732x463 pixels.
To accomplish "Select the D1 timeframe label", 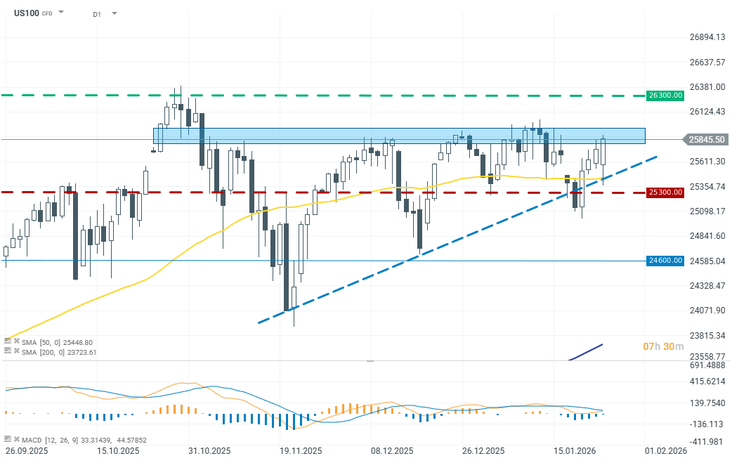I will point(97,13).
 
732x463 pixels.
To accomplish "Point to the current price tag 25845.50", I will point(707,139).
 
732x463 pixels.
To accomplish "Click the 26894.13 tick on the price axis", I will point(705,37).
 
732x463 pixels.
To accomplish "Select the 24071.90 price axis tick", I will point(705,311).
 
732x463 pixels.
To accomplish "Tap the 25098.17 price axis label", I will point(705,211).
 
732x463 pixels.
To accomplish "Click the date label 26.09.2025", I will point(27,451).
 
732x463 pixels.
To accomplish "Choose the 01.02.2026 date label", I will point(666,451).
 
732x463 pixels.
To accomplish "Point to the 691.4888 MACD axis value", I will point(705,366).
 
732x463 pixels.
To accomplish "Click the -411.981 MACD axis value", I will point(705,441).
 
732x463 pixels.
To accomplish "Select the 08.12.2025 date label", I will point(391,451).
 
